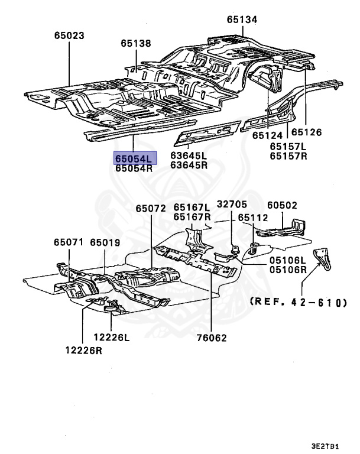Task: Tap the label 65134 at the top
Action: tap(242, 20)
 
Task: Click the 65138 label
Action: tap(137, 43)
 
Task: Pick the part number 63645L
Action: tap(189, 156)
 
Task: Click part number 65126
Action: tap(306, 132)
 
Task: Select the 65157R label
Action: tap(289, 156)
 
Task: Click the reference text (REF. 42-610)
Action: tap(298, 302)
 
